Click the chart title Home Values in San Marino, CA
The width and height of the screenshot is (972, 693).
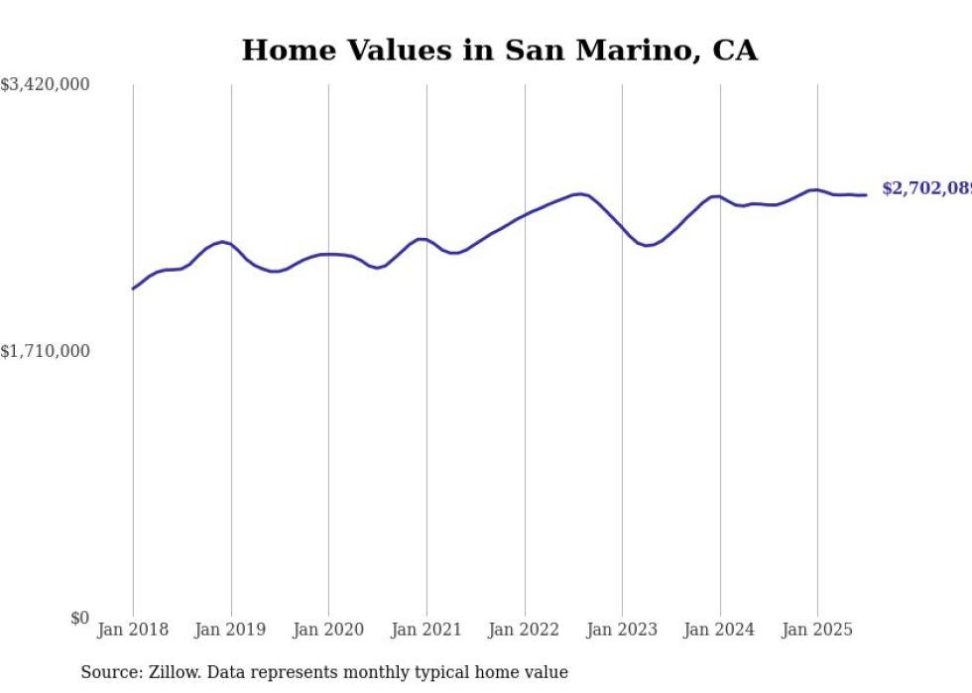[x=499, y=51]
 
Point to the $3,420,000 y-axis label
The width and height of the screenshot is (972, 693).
[x=45, y=85]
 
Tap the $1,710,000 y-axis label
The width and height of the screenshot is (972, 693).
[x=45, y=351]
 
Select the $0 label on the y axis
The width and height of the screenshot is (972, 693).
[x=79, y=618]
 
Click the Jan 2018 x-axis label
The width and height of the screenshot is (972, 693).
[x=133, y=630]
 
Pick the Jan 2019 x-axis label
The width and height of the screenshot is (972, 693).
[x=231, y=630]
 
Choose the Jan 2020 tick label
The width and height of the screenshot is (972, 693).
[x=328, y=630]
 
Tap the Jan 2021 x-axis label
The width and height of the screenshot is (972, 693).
[x=426, y=630]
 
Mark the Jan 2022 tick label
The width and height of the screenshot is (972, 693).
[x=525, y=630]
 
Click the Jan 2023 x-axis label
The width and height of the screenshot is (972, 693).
[x=622, y=630]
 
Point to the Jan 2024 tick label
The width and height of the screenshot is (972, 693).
[x=720, y=630]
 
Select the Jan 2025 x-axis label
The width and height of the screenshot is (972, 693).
[x=817, y=630]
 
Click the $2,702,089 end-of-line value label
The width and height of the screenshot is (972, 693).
[x=926, y=188]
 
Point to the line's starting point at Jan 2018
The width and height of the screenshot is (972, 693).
[x=133, y=289]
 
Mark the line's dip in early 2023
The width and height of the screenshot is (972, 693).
[x=647, y=245]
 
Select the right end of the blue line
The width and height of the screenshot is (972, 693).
[x=866, y=194]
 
